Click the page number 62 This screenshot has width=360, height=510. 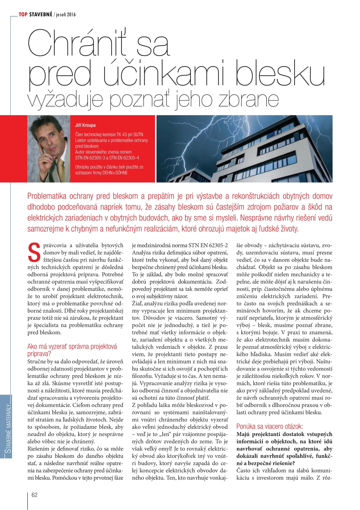(34, 495)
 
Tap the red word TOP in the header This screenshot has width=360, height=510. (23, 14)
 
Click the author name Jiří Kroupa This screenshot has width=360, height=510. (85, 125)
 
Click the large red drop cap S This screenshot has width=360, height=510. (34, 252)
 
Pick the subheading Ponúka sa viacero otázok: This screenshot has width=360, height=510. (269, 426)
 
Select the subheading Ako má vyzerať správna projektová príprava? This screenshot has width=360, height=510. (72, 350)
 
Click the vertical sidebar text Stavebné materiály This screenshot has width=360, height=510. (9, 427)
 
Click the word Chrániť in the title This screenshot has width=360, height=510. (78, 44)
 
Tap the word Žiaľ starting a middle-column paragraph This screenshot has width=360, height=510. (137, 303)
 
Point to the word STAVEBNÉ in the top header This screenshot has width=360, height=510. (41, 14)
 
